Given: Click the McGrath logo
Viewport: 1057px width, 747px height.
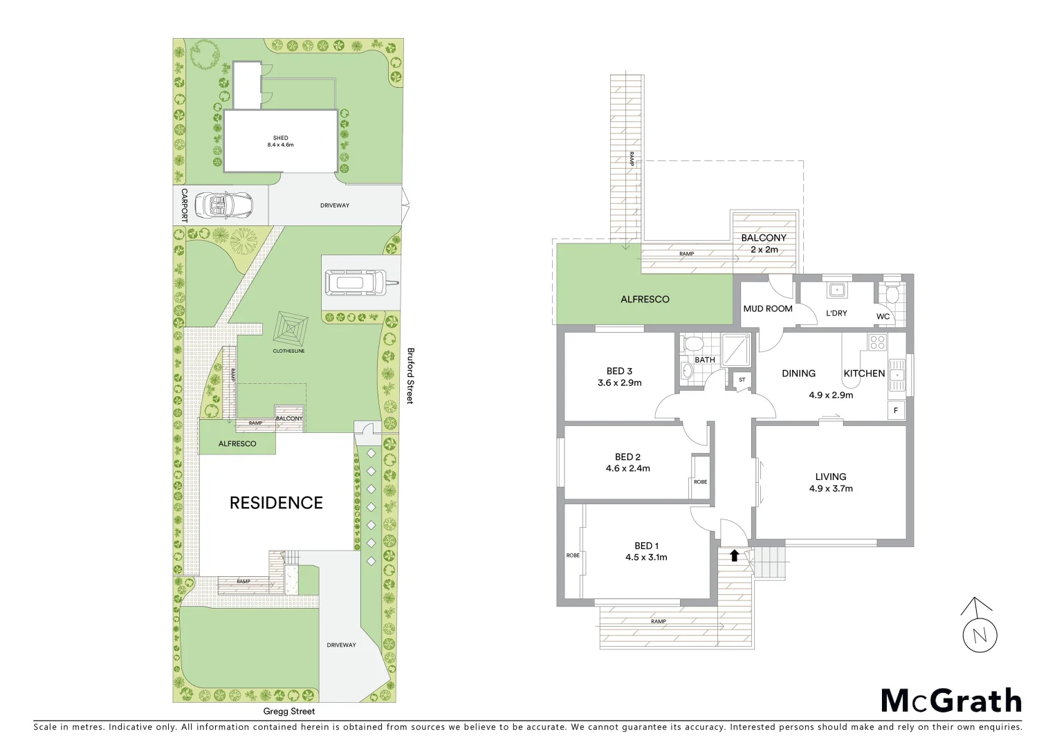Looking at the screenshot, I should tap(951, 701).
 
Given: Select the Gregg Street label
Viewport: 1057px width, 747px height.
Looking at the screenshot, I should tap(288, 711).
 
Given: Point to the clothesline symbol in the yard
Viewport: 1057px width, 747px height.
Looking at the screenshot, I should tap(291, 330).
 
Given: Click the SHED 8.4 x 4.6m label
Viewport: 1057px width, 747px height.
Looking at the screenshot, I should tap(280, 142).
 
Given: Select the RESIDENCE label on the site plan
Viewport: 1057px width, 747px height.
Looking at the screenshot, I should tap(276, 503).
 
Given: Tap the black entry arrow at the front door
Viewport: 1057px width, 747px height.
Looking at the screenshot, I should tap(733, 554).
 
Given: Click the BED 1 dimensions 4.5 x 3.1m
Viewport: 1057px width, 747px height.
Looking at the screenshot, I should tap(646, 557).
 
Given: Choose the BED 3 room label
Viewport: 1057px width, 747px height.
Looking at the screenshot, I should tap(619, 371).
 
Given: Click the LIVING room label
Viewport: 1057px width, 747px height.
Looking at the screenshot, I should tap(830, 477).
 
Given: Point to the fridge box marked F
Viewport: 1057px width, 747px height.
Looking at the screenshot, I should tap(897, 410).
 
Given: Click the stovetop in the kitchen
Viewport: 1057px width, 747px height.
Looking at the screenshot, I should tap(877, 341).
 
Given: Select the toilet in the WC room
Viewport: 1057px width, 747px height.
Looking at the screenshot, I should tap(892, 295).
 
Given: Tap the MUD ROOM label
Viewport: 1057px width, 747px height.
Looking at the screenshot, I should tap(768, 308).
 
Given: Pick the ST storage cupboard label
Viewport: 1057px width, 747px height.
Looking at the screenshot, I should tap(742, 380).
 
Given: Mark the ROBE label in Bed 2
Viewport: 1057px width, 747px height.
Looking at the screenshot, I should tap(700, 481).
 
